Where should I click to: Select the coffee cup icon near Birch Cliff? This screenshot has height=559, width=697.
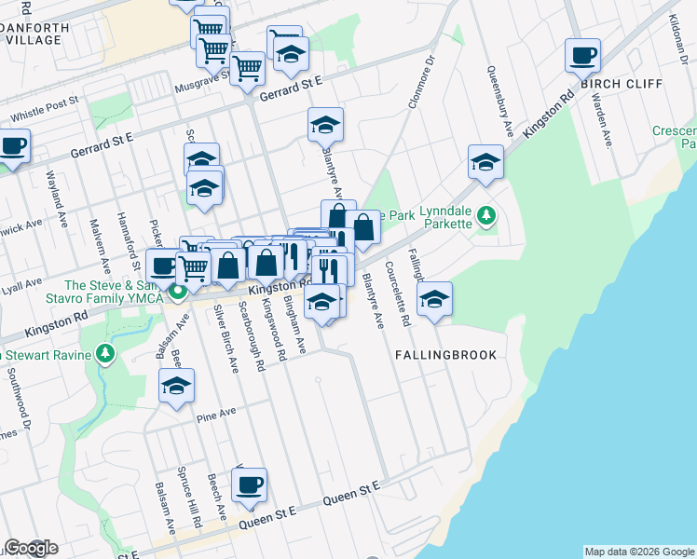(582, 57)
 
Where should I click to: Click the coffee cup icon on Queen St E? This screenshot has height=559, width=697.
(249, 485)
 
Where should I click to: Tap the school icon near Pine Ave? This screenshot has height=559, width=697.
(176, 388)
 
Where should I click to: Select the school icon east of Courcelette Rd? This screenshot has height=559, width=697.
(434, 300)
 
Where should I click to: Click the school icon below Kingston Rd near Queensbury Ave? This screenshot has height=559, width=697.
(485, 163)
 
